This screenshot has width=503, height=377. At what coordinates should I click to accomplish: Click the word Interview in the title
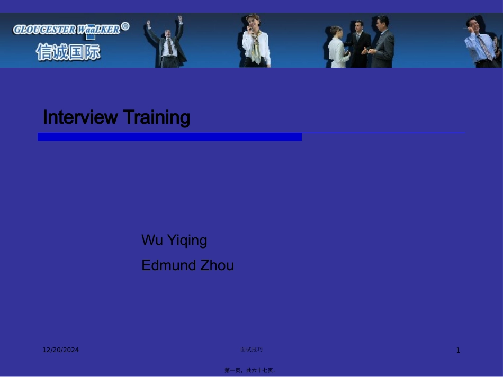click(79, 117)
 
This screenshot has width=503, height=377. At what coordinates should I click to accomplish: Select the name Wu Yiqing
click(174, 241)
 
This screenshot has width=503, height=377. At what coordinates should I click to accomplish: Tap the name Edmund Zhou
click(187, 265)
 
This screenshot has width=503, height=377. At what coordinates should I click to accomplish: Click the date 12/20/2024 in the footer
click(61, 350)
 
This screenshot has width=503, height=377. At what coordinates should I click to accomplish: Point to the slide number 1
click(458, 351)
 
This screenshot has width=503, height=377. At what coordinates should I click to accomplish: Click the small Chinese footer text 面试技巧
click(251, 350)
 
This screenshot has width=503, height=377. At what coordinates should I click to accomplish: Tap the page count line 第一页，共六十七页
click(250, 370)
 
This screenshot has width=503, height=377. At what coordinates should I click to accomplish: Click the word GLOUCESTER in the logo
click(44, 30)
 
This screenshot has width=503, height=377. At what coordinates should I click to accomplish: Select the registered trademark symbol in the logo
click(125, 26)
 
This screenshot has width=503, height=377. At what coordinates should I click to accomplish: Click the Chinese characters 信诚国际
click(68, 52)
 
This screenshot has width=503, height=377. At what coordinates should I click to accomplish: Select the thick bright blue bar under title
click(169, 137)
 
